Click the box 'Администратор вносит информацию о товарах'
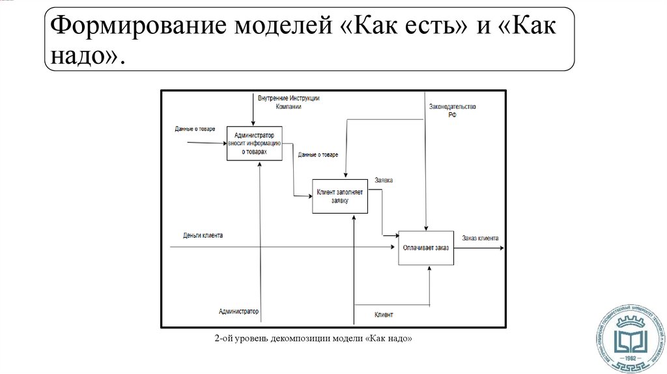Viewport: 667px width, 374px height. coord(254,143)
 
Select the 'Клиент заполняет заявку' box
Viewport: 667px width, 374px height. coord(340,196)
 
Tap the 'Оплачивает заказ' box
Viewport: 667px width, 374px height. coord(425,248)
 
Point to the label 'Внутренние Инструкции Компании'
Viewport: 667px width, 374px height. coord(288,102)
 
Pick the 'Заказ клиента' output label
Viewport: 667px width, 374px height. coord(480,238)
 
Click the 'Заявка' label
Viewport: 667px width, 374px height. coord(384,180)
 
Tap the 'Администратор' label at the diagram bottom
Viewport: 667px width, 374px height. coord(238,311)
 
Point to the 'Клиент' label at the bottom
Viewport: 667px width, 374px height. coord(384,315)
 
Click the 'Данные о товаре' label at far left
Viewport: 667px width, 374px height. coord(195,129)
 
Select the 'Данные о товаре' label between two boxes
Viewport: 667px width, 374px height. coord(318,155)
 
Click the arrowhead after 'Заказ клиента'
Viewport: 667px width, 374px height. coord(502,248)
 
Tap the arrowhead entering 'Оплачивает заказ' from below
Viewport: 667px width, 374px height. coord(430,268)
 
